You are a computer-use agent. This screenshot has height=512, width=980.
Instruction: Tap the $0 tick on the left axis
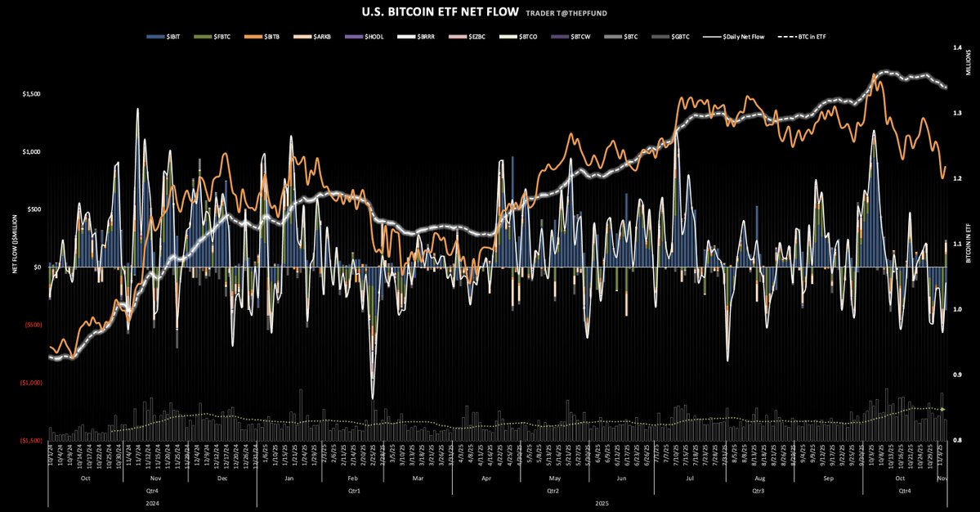[x=36, y=267]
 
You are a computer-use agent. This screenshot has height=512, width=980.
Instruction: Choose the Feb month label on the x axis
[x=352, y=477]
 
